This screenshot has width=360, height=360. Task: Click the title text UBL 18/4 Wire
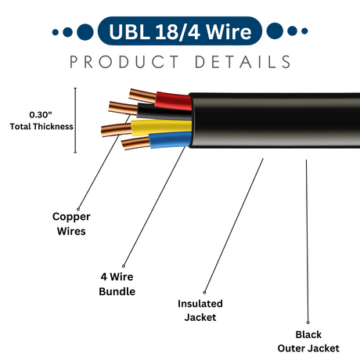179,32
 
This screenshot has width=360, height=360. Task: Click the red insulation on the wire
175,101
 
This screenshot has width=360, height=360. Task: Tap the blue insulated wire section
169,142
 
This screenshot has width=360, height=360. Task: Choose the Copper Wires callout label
70,223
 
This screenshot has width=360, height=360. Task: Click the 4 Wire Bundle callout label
118,283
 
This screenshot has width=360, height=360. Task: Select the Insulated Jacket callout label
200,310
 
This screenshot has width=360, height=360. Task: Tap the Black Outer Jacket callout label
308,340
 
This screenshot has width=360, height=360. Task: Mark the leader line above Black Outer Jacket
306,235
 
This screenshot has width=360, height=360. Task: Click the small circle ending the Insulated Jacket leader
205,290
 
